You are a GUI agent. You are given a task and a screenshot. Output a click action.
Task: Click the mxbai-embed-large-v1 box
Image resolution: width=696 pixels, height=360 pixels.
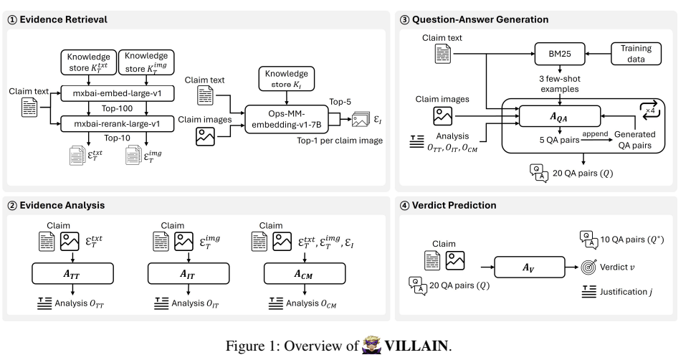(x=117, y=93)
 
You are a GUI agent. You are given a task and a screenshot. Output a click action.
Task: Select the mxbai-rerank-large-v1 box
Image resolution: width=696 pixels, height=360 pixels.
(x=117, y=124)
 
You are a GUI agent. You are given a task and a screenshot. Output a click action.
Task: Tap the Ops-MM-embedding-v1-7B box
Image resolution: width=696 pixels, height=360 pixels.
(x=290, y=119)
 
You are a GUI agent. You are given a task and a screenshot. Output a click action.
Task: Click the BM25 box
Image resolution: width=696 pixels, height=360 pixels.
(x=560, y=54)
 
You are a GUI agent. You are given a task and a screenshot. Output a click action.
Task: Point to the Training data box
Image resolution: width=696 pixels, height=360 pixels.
(x=636, y=54)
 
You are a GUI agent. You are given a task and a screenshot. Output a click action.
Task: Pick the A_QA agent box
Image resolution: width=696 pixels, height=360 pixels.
(x=559, y=116)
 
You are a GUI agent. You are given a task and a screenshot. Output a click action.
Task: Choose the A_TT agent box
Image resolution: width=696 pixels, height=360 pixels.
(x=73, y=273)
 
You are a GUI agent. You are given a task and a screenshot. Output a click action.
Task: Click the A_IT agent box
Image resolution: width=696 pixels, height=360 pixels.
(x=189, y=273)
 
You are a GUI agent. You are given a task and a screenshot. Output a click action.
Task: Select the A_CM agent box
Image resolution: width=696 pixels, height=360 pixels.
(x=305, y=273)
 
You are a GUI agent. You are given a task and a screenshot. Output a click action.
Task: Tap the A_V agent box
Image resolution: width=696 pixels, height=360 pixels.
(x=530, y=267)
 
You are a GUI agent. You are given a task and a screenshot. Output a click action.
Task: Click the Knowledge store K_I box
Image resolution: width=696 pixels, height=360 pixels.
(x=286, y=79)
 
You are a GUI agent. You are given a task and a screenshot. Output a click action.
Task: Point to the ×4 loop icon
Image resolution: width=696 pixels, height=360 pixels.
(x=650, y=109)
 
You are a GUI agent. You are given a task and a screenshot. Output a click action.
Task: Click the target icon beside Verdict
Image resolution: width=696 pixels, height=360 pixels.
(x=588, y=267)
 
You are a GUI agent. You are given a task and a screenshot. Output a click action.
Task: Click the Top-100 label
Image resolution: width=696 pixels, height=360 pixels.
(x=117, y=108)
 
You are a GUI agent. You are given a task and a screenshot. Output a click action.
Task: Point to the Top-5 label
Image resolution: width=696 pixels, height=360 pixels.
(x=340, y=102)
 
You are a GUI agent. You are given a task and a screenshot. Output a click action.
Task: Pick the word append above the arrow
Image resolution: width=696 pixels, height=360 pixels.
(x=595, y=134)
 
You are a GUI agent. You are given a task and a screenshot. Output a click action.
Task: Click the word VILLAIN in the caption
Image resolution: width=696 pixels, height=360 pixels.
(x=416, y=346)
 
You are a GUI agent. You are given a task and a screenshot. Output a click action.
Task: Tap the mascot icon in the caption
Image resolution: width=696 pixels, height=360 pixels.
(x=371, y=345)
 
